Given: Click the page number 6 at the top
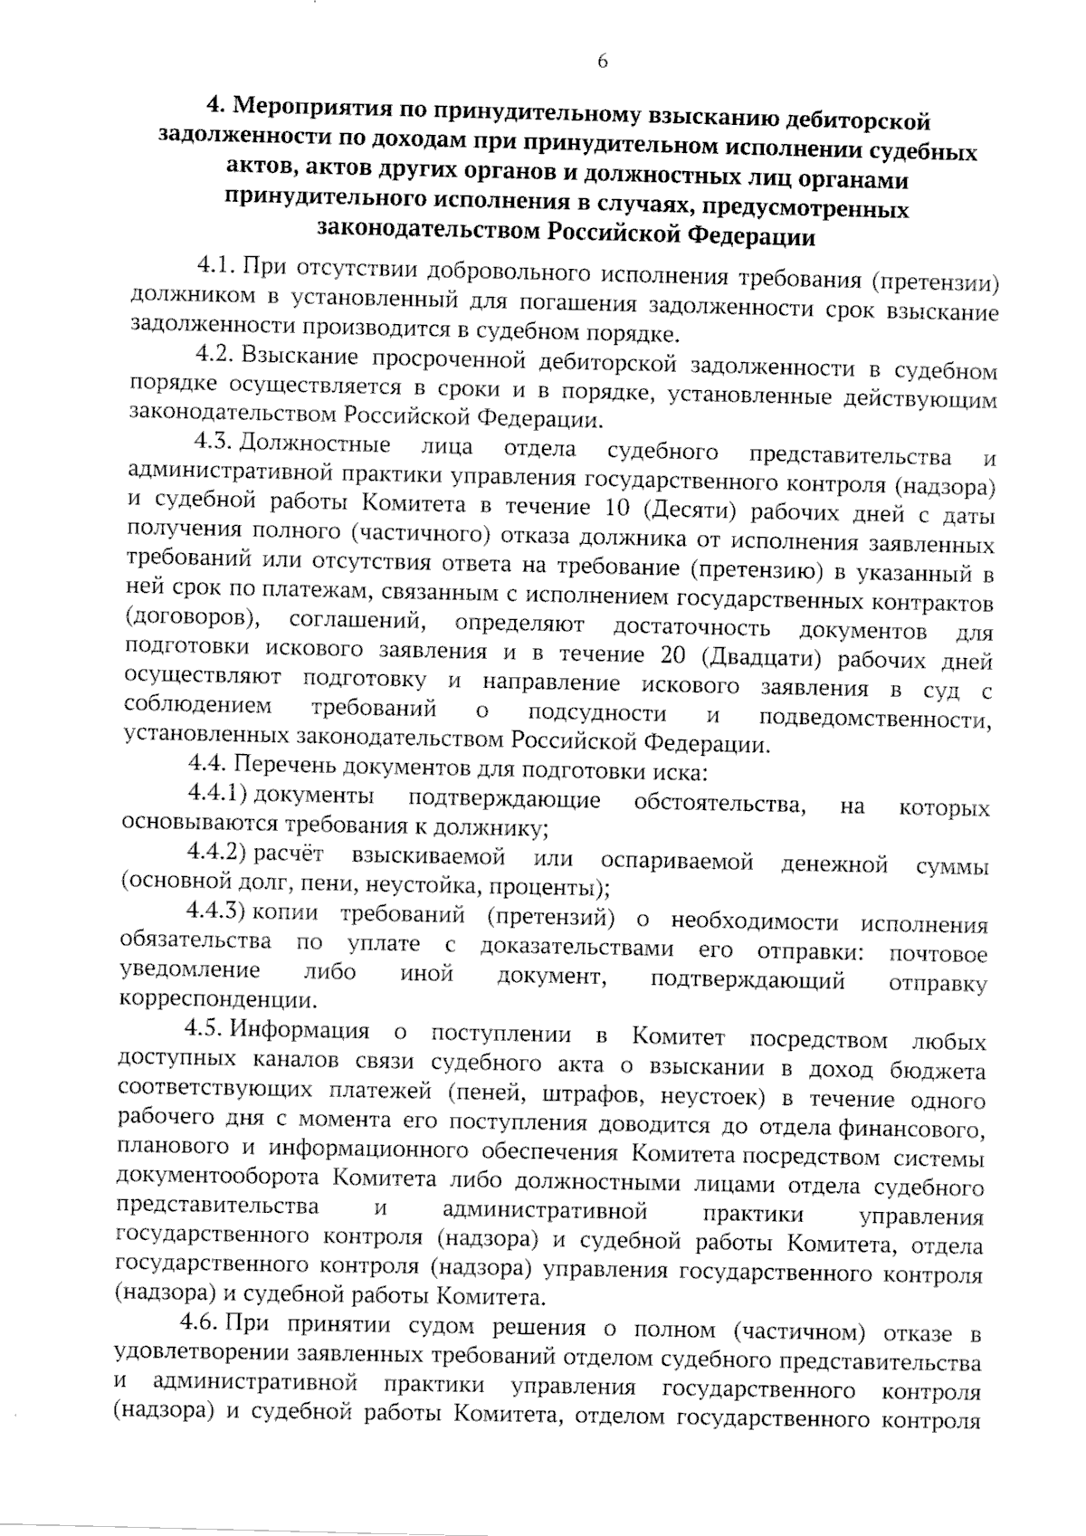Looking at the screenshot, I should (603, 61).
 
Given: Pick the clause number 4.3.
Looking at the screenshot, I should (214, 443).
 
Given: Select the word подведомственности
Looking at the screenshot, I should (874, 719).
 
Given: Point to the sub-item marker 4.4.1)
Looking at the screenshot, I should (217, 794).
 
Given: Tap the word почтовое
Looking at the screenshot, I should (938, 953).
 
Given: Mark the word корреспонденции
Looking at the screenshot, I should (217, 1001).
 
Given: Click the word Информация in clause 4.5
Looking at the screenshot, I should (300, 1031).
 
